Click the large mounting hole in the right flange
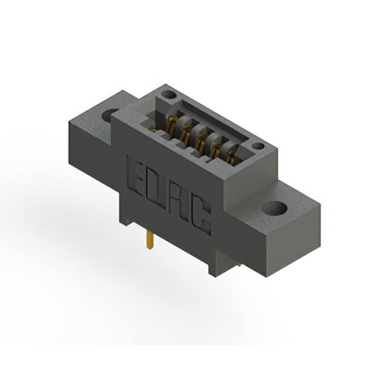[274, 209]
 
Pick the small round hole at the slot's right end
[258, 146]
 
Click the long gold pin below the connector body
[150, 240]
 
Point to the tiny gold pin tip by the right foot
[239, 266]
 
